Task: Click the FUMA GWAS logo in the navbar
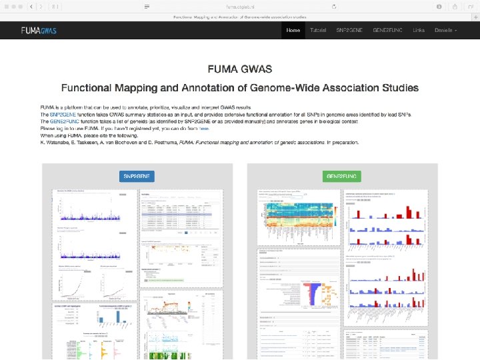click(38, 31)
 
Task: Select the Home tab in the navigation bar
click(293, 31)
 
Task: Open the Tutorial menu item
click(318, 31)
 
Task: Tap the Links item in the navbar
click(418, 31)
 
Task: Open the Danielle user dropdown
click(445, 31)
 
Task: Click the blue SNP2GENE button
click(138, 176)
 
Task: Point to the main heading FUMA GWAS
click(239, 69)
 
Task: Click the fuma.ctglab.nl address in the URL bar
click(240, 5)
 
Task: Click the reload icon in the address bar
click(334, 5)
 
